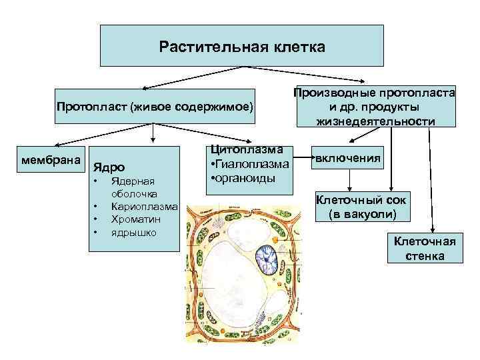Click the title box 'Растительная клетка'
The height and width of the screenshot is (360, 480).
coord(242,47)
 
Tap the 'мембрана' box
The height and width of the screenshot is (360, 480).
coord(51,161)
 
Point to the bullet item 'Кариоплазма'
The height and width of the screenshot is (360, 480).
coord(143,207)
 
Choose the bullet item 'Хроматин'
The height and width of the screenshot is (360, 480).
coord(136,219)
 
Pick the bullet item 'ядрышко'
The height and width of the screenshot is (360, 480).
coord(134,232)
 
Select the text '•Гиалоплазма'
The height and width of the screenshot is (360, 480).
coord(249,165)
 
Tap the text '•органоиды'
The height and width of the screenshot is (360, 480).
coord(243,179)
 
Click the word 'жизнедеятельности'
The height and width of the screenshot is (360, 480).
coord(375,121)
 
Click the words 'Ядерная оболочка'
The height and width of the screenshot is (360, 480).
coord(133,187)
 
